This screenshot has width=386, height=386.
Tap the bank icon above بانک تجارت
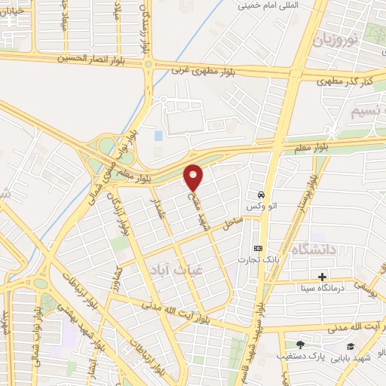(259, 248)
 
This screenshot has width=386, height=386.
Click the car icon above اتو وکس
(261, 192)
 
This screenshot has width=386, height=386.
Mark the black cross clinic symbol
(323, 277)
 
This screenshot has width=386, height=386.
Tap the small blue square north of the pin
(158, 136)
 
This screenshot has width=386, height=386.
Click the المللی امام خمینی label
(265, 5)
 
